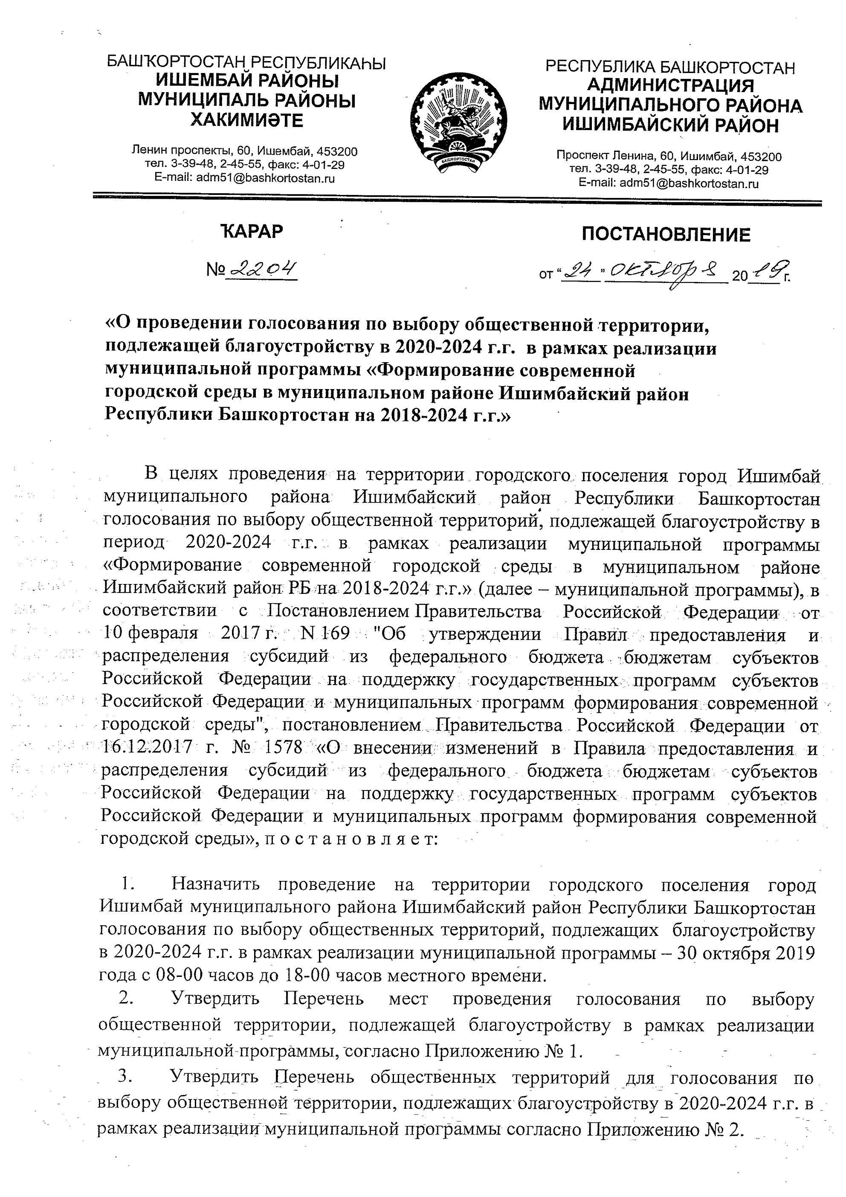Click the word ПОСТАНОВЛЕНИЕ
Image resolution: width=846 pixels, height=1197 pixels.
pyautogui.click(x=666, y=235)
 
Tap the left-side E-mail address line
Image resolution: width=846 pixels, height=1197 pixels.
pyautogui.click(x=244, y=178)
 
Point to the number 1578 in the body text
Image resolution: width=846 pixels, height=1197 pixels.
pyautogui.click(x=284, y=747)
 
